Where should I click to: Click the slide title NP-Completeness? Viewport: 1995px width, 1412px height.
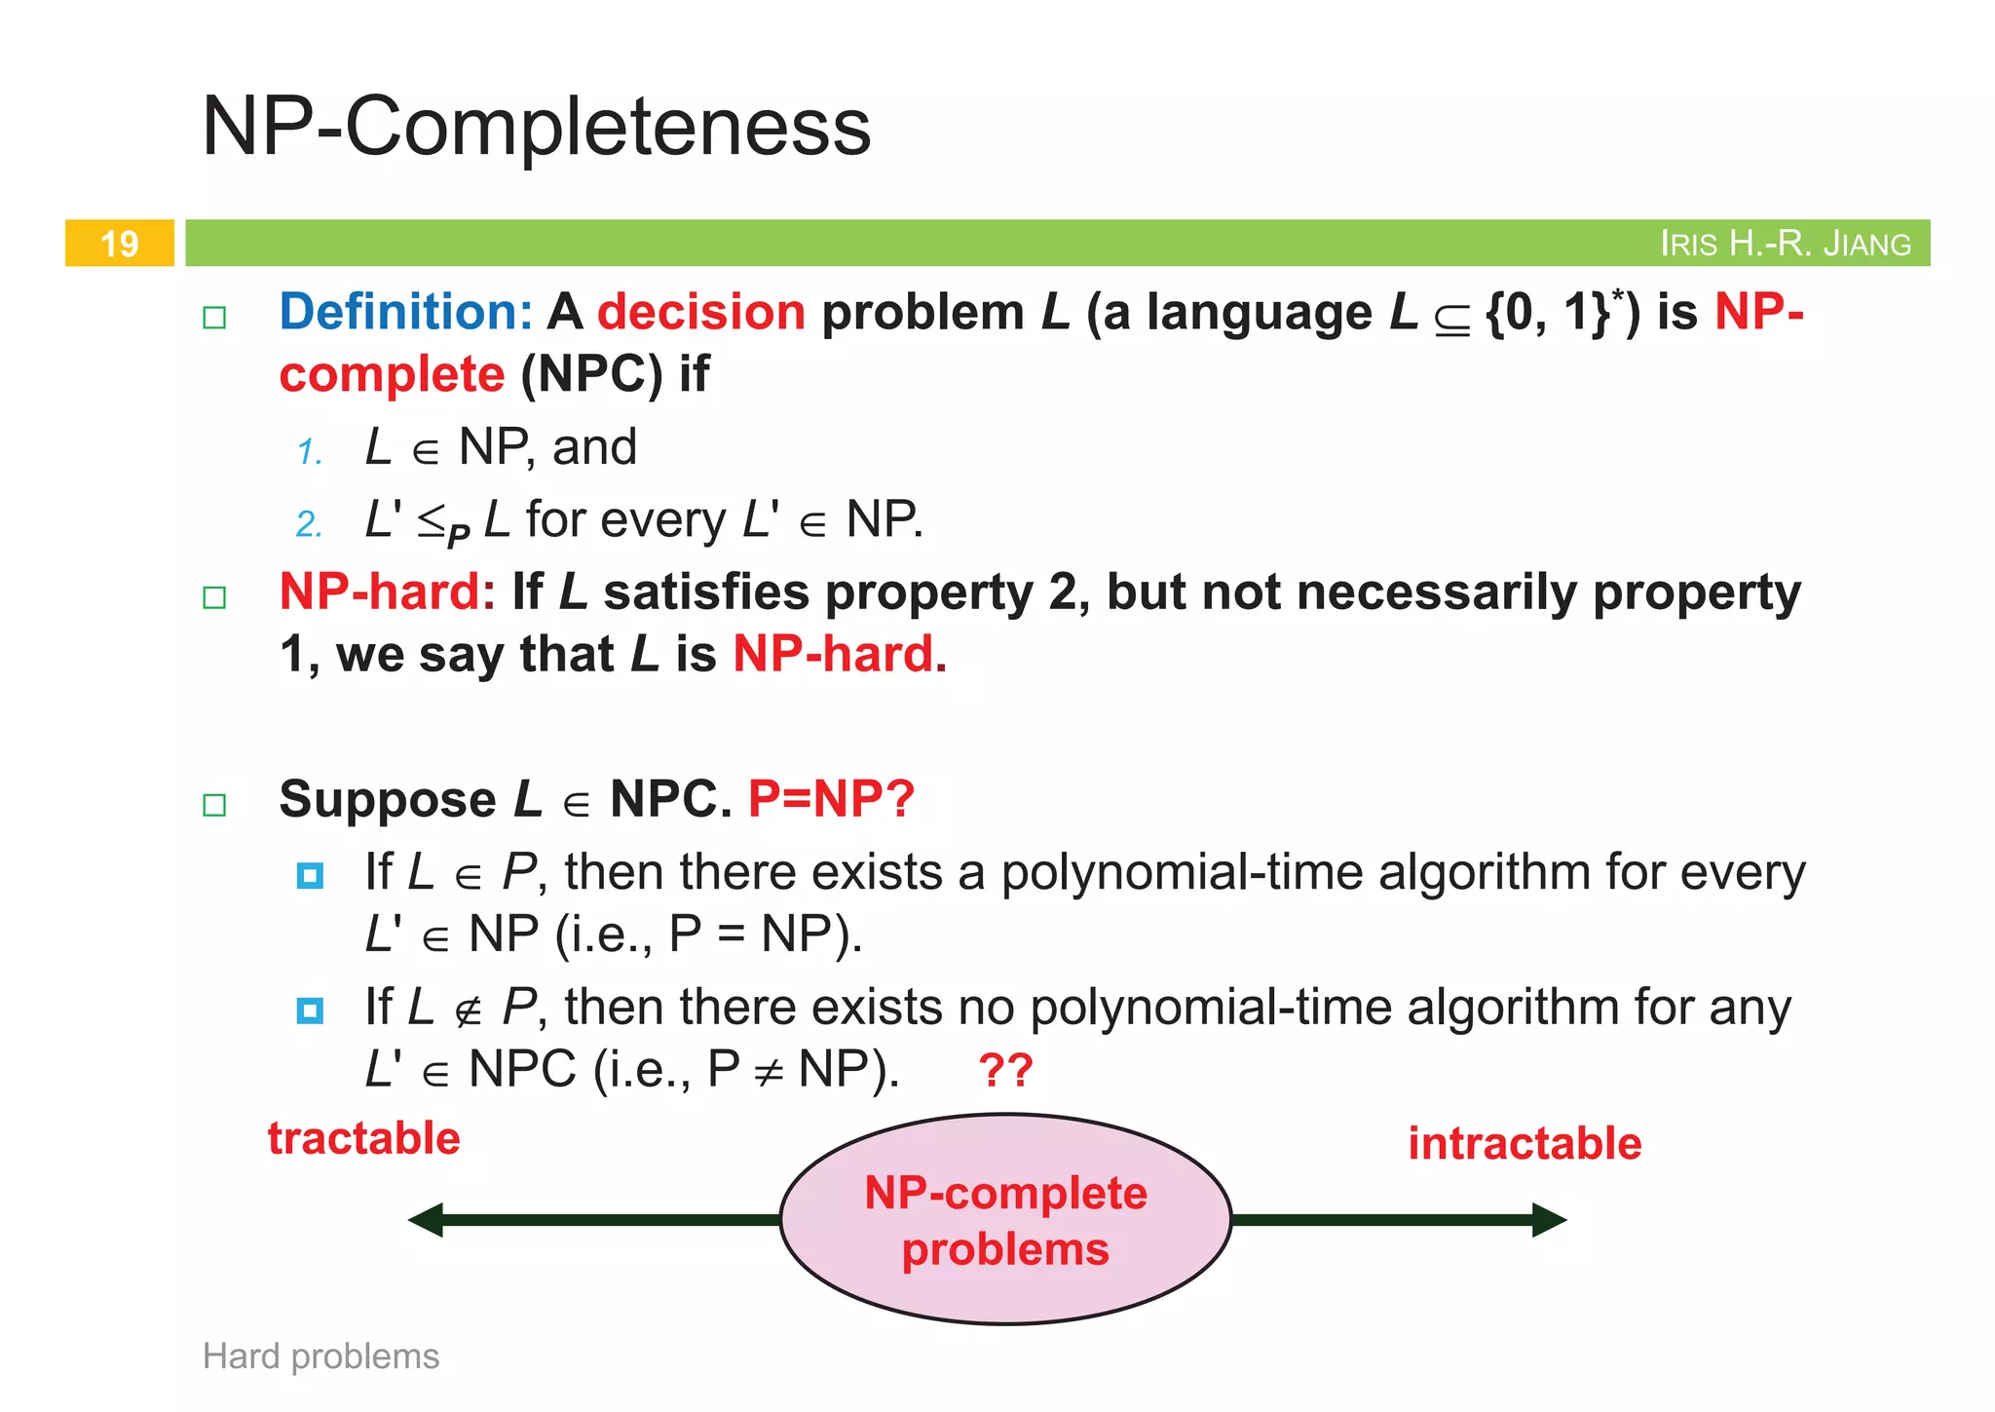(x=536, y=126)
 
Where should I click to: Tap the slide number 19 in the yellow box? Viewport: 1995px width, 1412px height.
(x=120, y=244)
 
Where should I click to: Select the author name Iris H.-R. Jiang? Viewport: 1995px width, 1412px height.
(x=1785, y=244)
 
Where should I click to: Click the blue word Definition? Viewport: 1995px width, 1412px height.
(x=405, y=312)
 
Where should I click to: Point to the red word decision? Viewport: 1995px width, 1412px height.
(x=701, y=312)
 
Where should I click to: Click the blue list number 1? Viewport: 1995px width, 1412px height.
(x=310, y=452)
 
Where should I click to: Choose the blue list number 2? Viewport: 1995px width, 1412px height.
(x=310, y=524)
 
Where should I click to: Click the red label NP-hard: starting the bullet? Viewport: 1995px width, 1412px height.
(x=388, y=592)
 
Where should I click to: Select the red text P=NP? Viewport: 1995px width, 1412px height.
(x=831, y=799)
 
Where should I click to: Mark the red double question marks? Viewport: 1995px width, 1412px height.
(x=1005, y=1070)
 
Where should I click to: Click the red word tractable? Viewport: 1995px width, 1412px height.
(x=364, y=1138)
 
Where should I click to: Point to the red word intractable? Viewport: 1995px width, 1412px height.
(x=1524, y=1143)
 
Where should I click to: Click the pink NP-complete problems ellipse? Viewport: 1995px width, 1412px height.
(x=1005, y=1220)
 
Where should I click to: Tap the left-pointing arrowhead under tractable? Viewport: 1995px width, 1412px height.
(x=427, y=1219)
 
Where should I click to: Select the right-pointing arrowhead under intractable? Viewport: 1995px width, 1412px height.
(x=1549, y=1219)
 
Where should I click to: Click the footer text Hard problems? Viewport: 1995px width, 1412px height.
(x=320, y=1355)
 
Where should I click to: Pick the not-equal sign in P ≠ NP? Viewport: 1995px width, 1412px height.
(x=769, y=1074)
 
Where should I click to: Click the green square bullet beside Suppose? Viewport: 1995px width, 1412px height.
(x=214, y=805)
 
